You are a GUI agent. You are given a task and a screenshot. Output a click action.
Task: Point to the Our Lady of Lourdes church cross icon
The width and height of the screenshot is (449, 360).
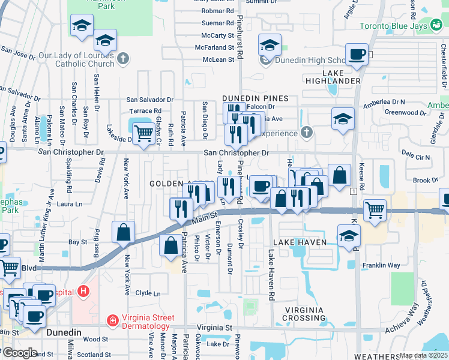click(x=123, y=59)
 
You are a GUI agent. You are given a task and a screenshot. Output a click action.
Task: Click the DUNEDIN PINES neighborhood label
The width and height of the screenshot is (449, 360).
click(x=255, y=98)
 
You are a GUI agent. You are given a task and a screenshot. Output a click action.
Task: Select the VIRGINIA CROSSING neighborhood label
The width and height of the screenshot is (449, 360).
click(x=304, y=314)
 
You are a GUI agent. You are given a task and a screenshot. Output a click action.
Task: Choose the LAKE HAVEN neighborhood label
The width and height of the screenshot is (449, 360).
click(x=300, y=242)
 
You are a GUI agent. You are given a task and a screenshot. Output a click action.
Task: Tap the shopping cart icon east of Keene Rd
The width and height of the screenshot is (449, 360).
click(x=375, y=210)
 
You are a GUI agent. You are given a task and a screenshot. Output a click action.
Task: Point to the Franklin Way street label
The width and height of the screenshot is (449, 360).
click(x=381, y=265)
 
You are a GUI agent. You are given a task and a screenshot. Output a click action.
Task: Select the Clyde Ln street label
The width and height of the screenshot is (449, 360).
click(x=148, y=293)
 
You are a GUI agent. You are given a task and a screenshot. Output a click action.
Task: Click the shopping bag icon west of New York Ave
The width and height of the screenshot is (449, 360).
click(x=123, y=232)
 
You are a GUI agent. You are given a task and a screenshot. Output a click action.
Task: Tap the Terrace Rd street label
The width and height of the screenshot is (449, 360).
click(x=145, y=111)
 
